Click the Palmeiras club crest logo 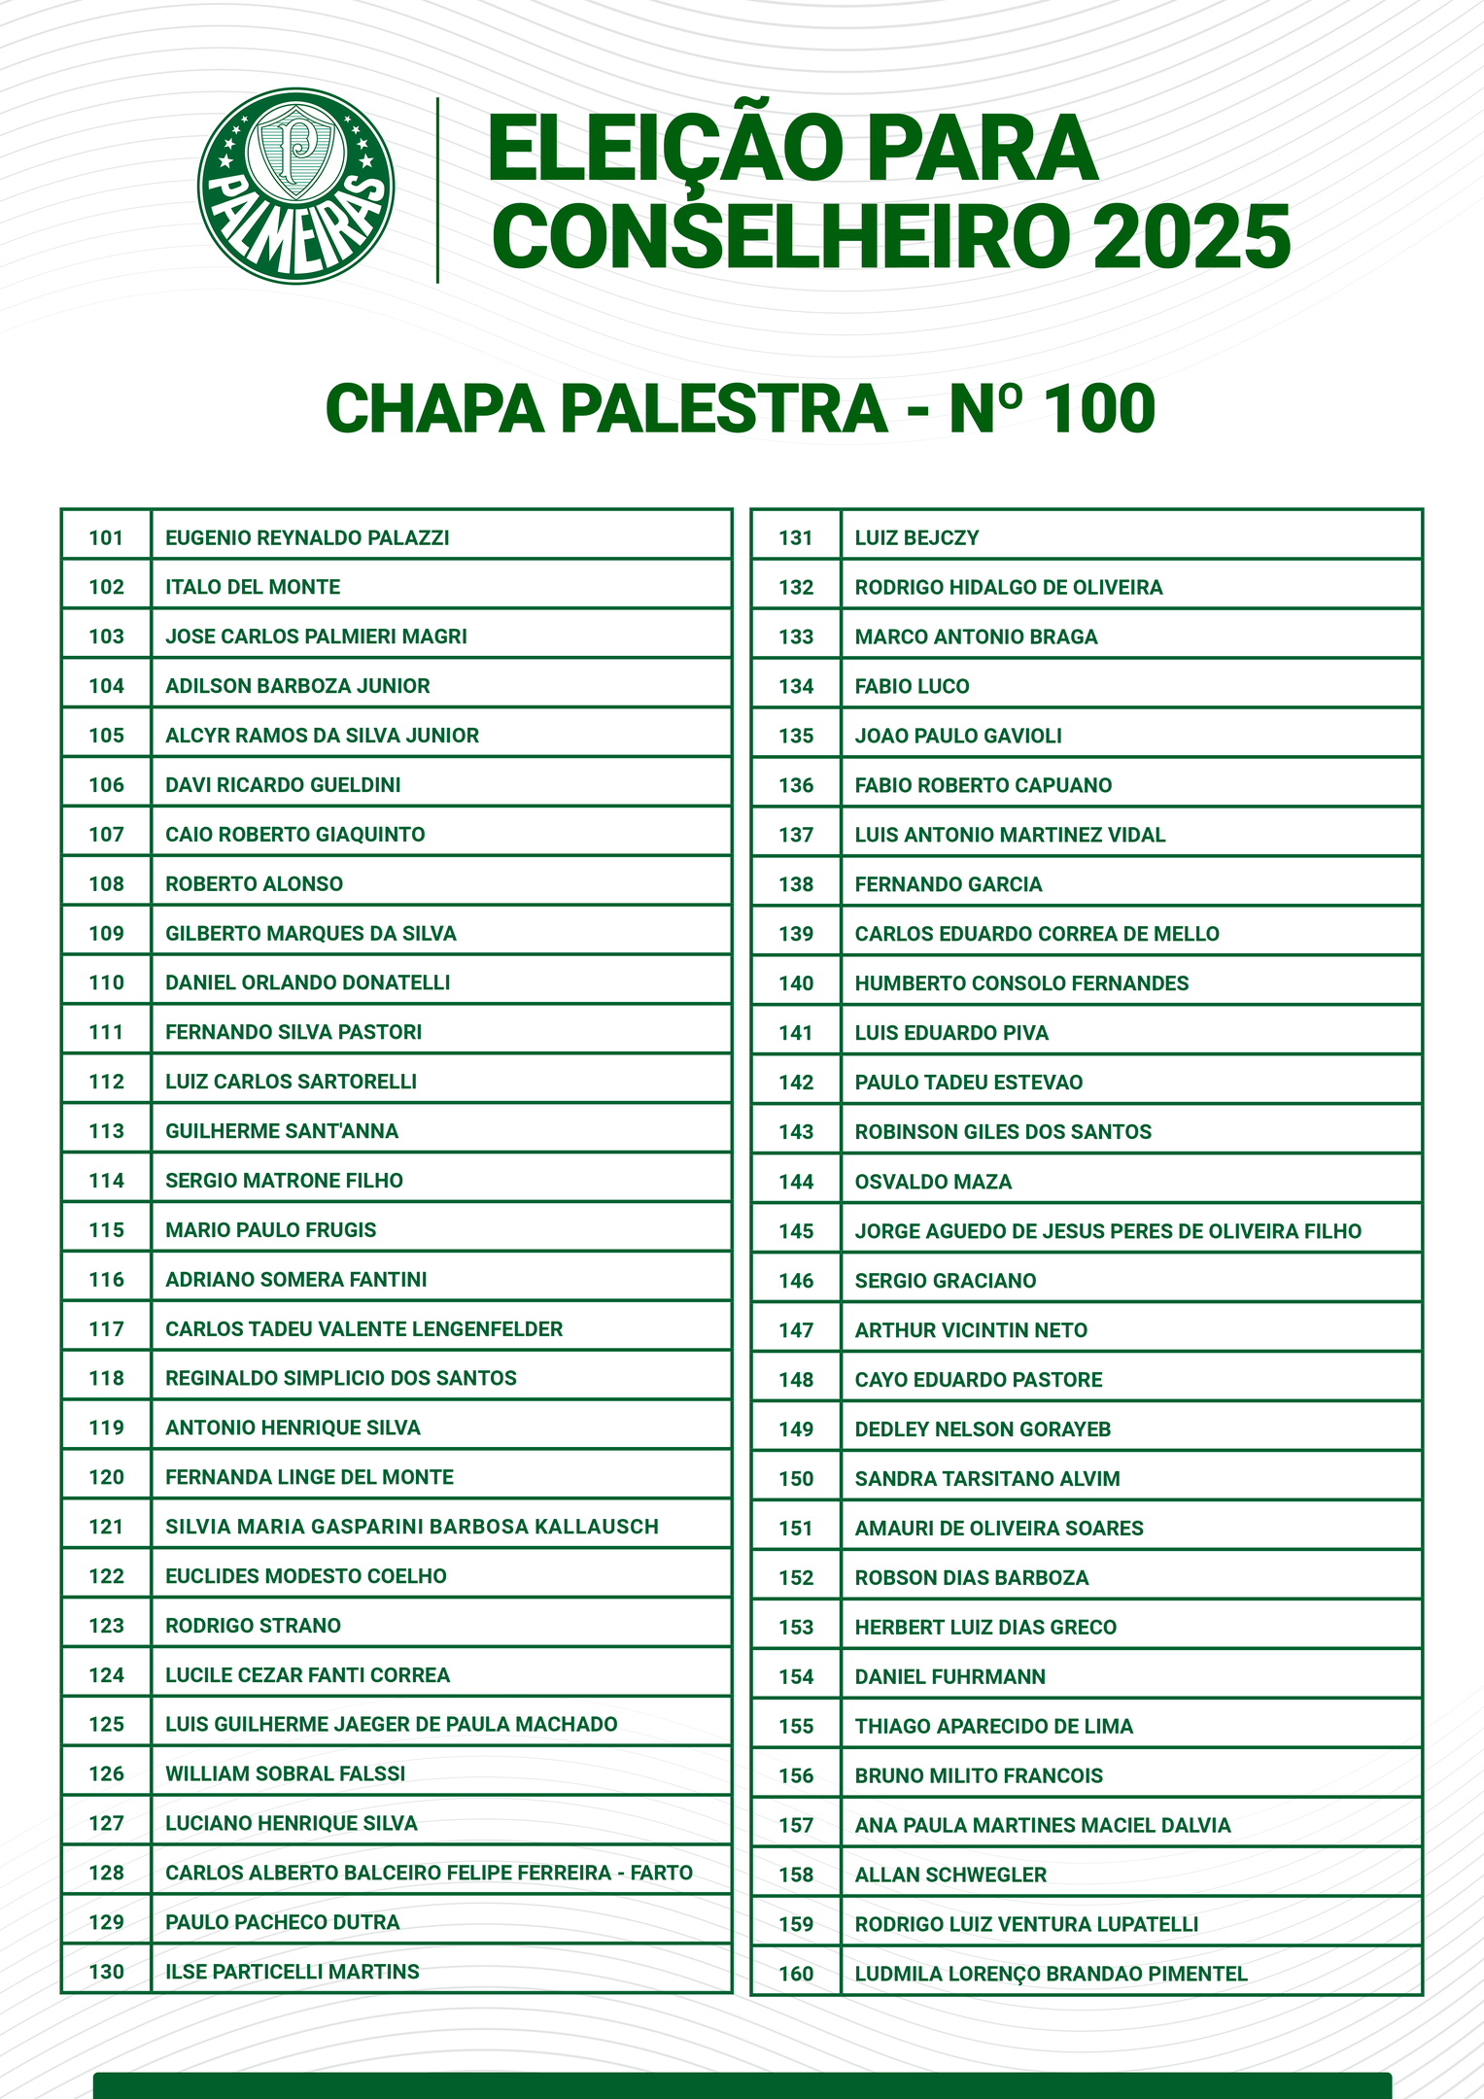[295, 187]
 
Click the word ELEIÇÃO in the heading [666, 149]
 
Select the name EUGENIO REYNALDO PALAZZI [307, 537]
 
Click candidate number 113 [107, 1131]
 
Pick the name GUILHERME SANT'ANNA [282, 1131]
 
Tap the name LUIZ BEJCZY [916, 537]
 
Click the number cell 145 [796, 1231]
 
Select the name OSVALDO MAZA [933, 1182]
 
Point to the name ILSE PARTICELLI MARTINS [293, 1972]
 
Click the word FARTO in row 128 [662, 1873]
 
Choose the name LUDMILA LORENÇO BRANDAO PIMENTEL [1051, 1974]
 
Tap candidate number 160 [796, 1974]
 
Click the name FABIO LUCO [912, 686]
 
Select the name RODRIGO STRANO [253, 1626]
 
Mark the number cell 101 [107, 537]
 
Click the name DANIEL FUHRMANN [949, 1676]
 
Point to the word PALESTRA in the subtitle [724, 409]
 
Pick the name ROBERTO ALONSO [254, 883]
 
